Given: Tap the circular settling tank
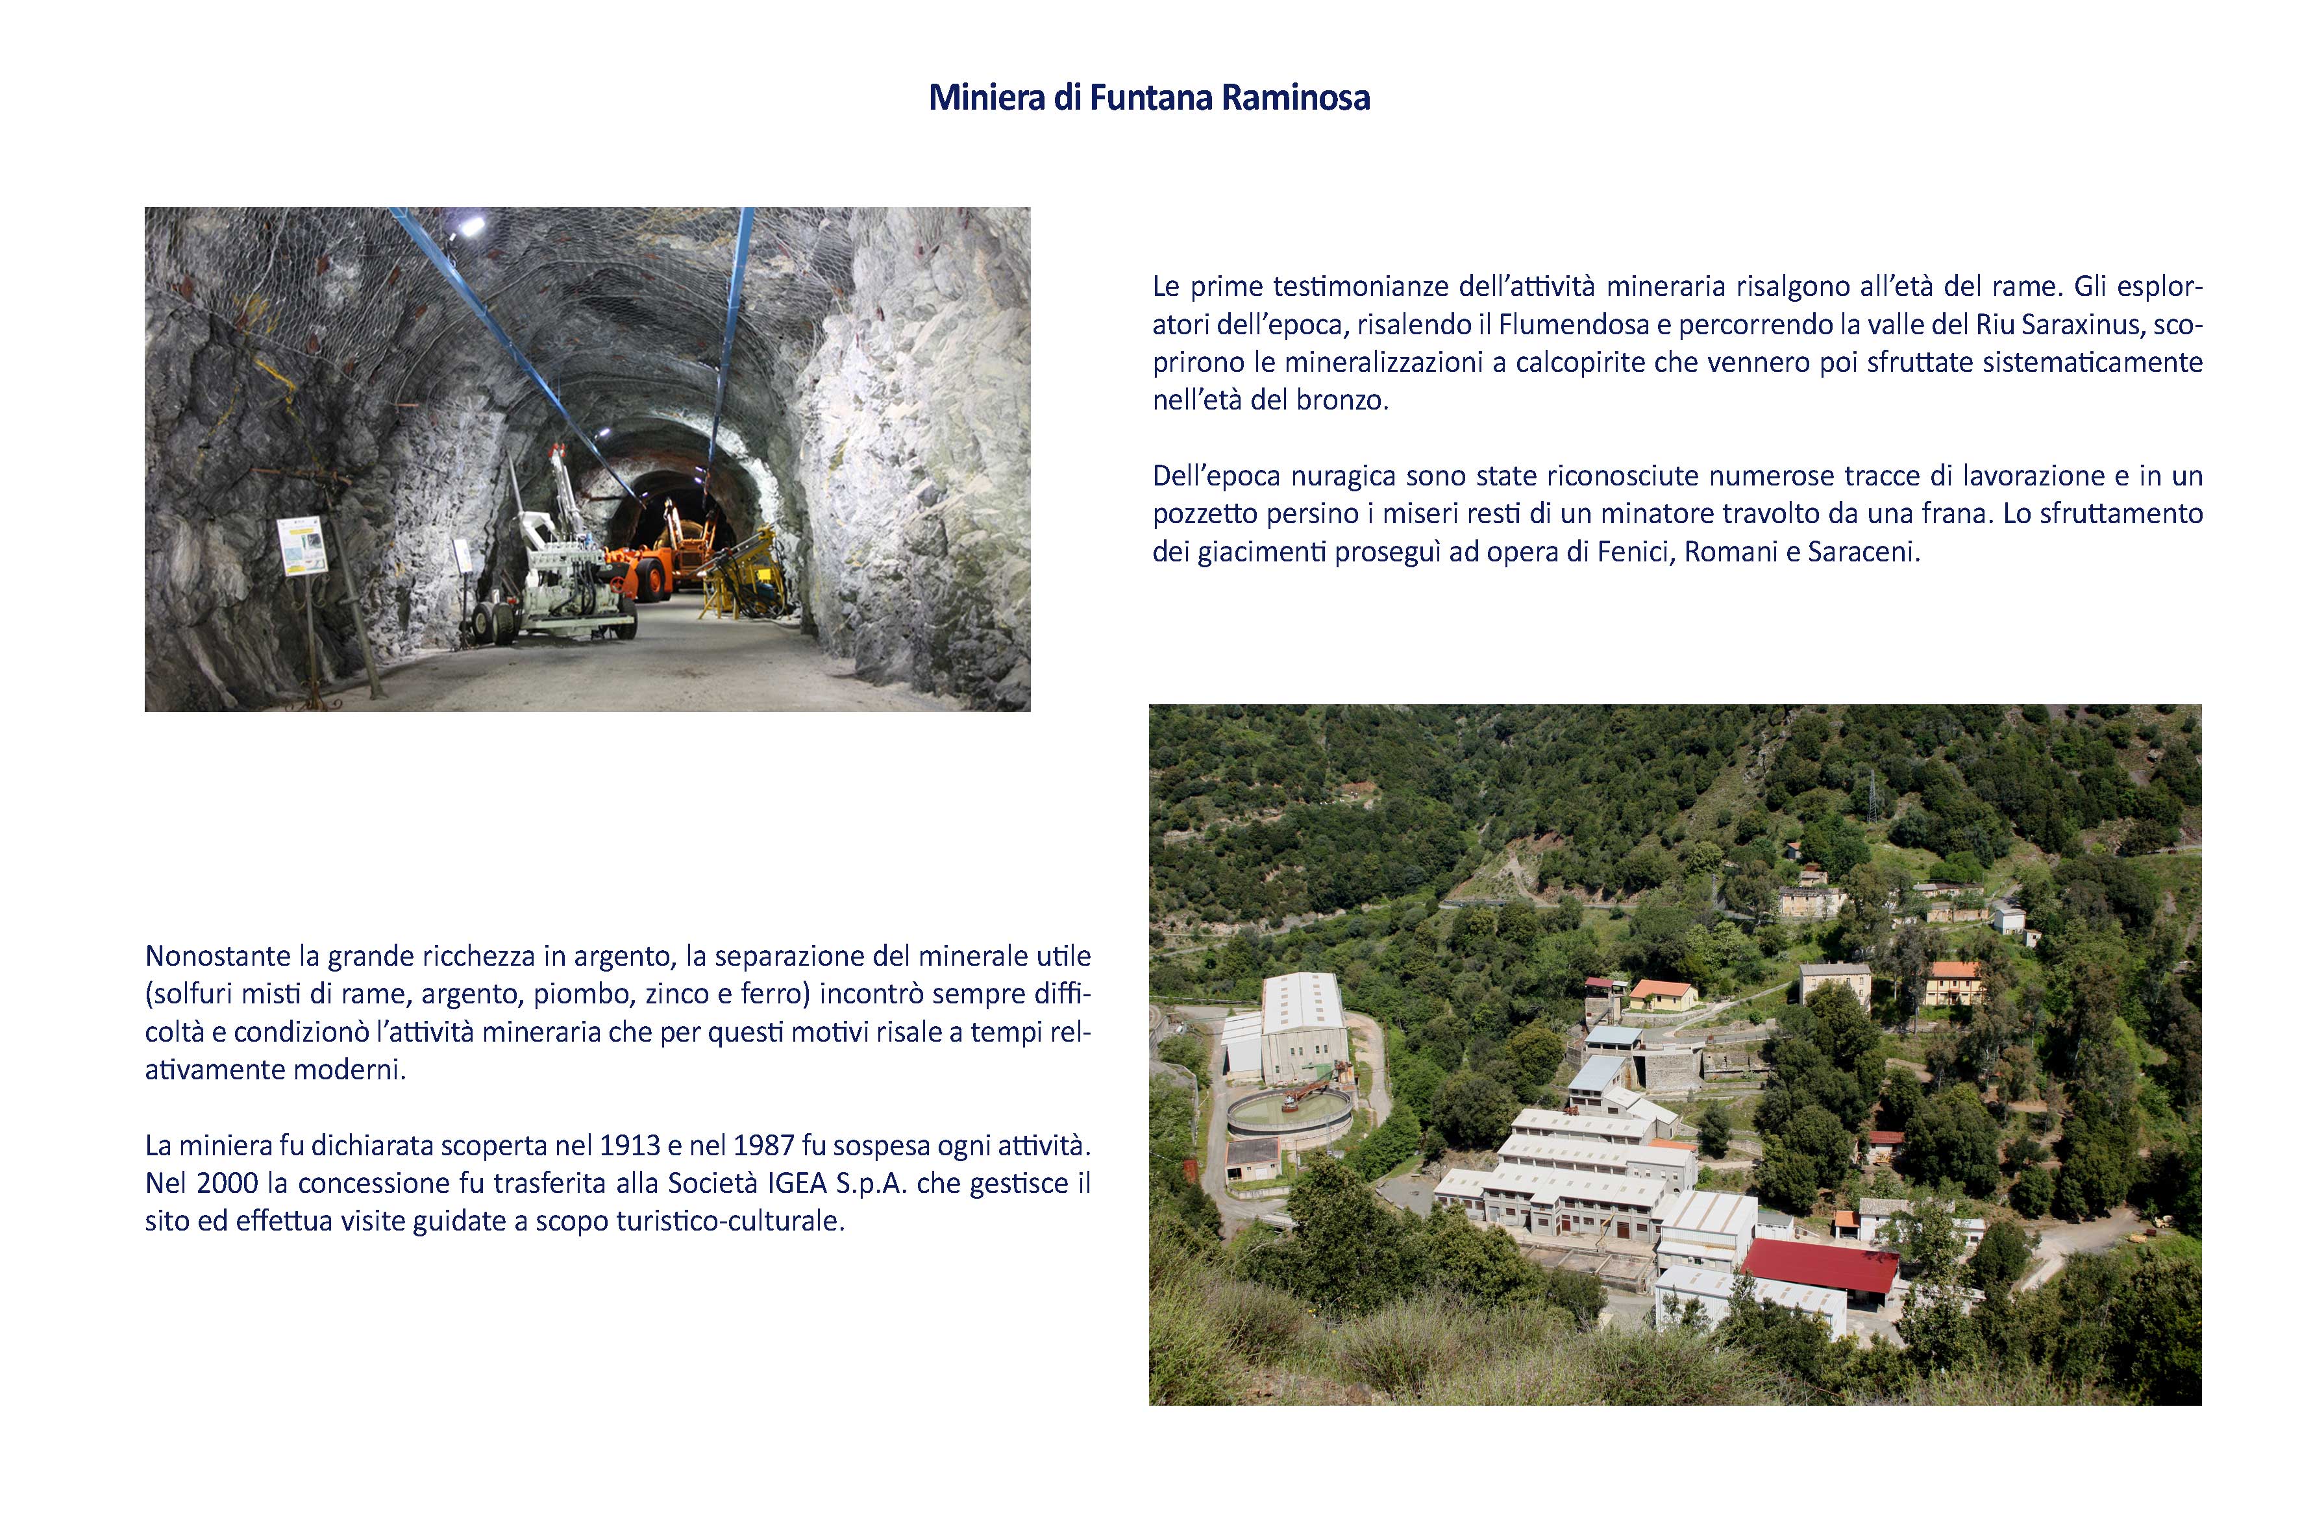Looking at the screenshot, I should coord(1289,1112).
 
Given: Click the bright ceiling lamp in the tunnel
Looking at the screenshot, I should coord(471,227).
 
